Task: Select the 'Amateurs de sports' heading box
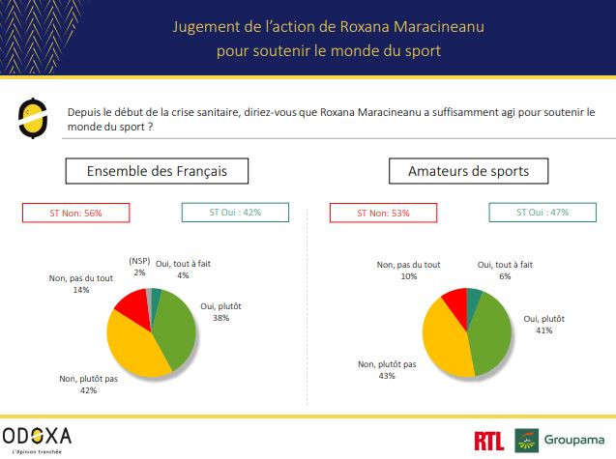[x=467, y=171]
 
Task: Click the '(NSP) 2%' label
[x=140, y=267]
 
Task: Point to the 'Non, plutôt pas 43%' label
[x=387, y=369]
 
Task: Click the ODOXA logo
[x=37, y=437]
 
